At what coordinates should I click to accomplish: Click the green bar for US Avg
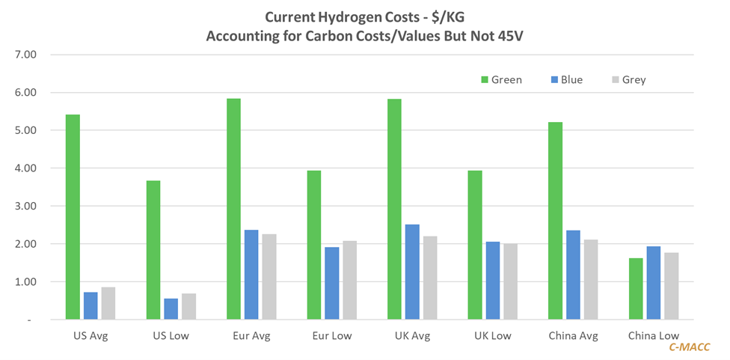pyautogui.click(x=73, y=217)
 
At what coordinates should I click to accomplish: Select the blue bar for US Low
pyautogui.click(x=171, y=309)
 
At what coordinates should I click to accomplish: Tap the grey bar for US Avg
pyautogui.click(x=108, y=303)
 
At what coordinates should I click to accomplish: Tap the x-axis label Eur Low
pyautogui.click(x=331, y=336)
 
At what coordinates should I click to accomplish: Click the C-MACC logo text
pyautogui.click(x=689, y=347)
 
